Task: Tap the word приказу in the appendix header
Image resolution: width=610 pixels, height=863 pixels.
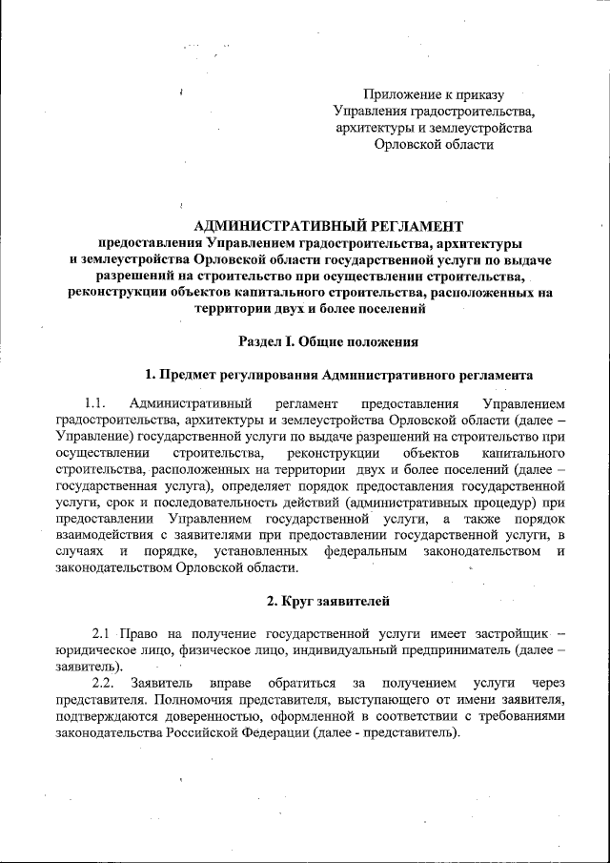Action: click(480, 94)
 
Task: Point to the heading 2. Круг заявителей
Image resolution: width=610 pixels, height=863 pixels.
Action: click(327, 601)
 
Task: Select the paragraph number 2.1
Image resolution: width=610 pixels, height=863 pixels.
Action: click(104, 634)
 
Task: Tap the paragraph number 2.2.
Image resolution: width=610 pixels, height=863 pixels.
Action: click(104, 684)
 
